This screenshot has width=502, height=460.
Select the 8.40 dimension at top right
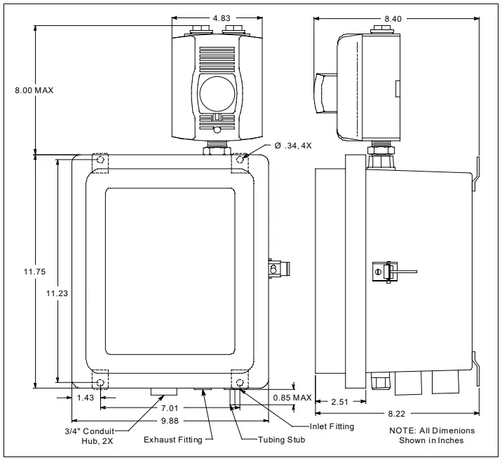pos(393,18)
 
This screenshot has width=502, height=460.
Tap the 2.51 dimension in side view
pos(339,401)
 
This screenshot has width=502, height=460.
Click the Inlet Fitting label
pos(332,426)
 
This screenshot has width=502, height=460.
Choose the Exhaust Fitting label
pos(172,440)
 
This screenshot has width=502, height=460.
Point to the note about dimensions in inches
pos(431,435)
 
